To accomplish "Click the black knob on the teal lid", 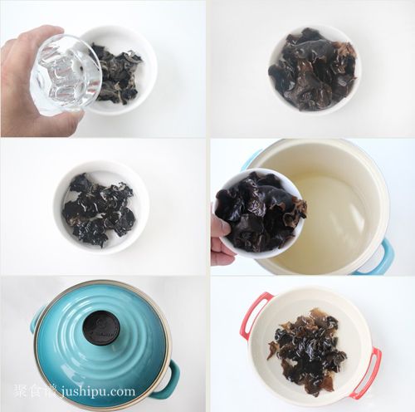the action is coord(100,328).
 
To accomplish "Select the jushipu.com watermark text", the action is coord(99,391).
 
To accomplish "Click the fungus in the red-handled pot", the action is coord(307,351).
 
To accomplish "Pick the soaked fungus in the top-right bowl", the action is coord(313,69).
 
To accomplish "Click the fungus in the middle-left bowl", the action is coord(98,209).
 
